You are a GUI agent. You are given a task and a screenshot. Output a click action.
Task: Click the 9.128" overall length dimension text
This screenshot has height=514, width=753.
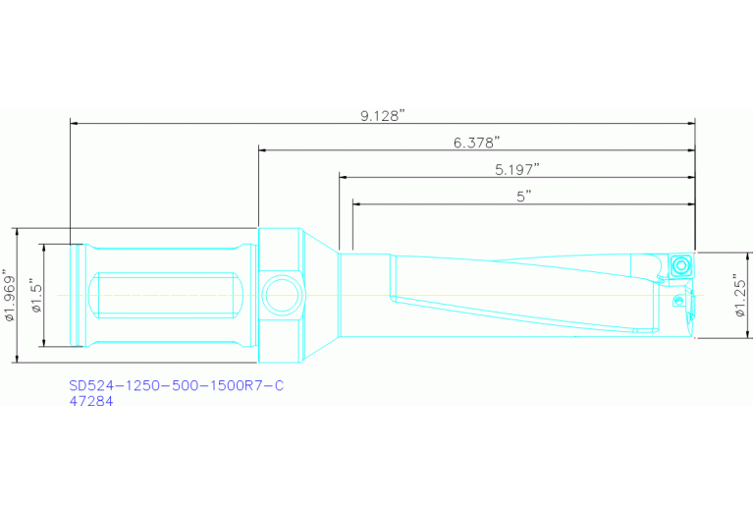[382, 116]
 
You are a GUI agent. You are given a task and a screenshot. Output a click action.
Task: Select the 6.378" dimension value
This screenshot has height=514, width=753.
[476, 143]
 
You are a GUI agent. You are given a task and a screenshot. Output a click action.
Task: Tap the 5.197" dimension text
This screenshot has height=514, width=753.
[516, 169]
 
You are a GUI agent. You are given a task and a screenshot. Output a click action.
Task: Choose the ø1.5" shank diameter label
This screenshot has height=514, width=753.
[35, 296]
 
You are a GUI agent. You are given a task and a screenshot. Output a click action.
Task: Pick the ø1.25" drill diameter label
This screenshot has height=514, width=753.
[742, 296]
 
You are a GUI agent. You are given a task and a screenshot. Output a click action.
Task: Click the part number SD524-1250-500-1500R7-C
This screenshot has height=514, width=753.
[176, 386]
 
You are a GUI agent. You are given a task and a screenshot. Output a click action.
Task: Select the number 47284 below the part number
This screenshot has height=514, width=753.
[91, 401]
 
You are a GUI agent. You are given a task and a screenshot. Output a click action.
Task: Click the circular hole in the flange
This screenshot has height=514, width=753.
[279, 295]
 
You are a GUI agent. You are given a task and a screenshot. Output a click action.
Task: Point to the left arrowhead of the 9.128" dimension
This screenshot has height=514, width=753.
[75, 124]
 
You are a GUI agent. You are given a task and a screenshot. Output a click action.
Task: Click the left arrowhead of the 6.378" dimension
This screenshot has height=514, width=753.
[263, 150]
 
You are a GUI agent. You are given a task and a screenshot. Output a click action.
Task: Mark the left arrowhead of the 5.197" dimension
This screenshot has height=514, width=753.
[344, 177]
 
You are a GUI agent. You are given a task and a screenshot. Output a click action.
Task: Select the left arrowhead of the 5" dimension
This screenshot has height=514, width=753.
[356, 204]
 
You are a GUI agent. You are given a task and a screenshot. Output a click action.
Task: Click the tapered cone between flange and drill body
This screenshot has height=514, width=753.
[319, 295]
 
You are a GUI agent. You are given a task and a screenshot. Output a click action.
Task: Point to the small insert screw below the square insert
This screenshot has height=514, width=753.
[676, 299]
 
